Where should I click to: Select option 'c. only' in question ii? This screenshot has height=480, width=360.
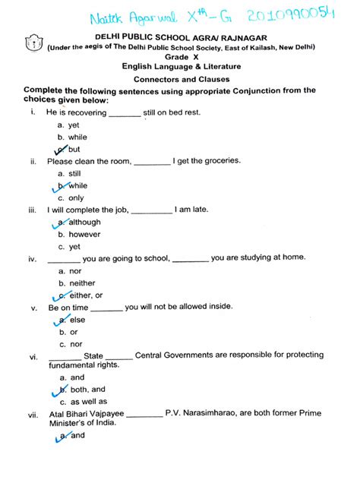pos(71,197)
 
